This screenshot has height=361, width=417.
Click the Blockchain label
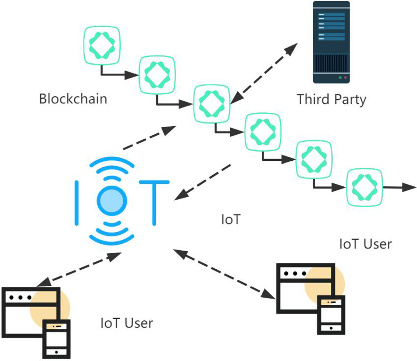pos(73,99)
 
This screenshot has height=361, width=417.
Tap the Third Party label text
pos(332,99)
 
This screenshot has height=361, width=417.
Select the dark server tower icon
pos(331,42)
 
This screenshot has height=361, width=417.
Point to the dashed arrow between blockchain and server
pos(264,73)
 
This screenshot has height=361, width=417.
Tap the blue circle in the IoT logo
pos(112,200)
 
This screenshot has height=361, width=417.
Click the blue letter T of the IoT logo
pos(154,201)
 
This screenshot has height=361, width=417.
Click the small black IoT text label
pos(230,219)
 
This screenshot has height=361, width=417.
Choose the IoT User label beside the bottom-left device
pos(126,323)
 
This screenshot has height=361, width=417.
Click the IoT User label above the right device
pos(365,244)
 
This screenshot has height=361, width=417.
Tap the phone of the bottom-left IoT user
pos(56,338)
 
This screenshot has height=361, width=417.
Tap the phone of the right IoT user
pos(331,314)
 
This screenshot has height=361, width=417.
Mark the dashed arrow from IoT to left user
pos(79,269)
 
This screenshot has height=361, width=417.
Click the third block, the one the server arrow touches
pos(212,103)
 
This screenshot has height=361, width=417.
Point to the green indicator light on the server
pos(340,78)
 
